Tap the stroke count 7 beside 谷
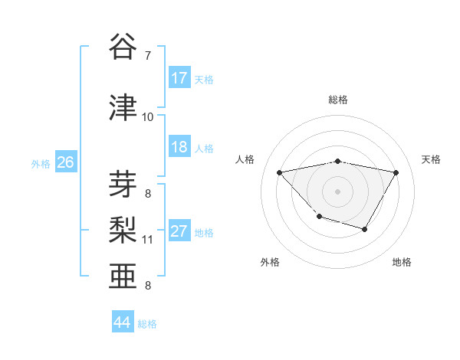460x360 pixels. coord(148,56)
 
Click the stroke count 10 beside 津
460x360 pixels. coord(148,116)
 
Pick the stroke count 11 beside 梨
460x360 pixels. coord(148,240)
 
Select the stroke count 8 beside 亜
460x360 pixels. coord(148,286)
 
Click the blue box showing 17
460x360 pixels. coord(179,78)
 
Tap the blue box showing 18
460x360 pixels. coord(179,147)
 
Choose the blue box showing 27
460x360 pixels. coord(179,231)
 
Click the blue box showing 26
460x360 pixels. coord(65,162)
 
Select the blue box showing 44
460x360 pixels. coord(122,323)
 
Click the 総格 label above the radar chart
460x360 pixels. coord(338,100)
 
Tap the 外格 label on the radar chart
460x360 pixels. coord(270,262)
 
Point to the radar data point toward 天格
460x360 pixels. coord(396,172)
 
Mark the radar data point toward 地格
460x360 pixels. coord(365,229)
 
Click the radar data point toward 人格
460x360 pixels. coord(280,172)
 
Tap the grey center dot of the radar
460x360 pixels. coord(338,191)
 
